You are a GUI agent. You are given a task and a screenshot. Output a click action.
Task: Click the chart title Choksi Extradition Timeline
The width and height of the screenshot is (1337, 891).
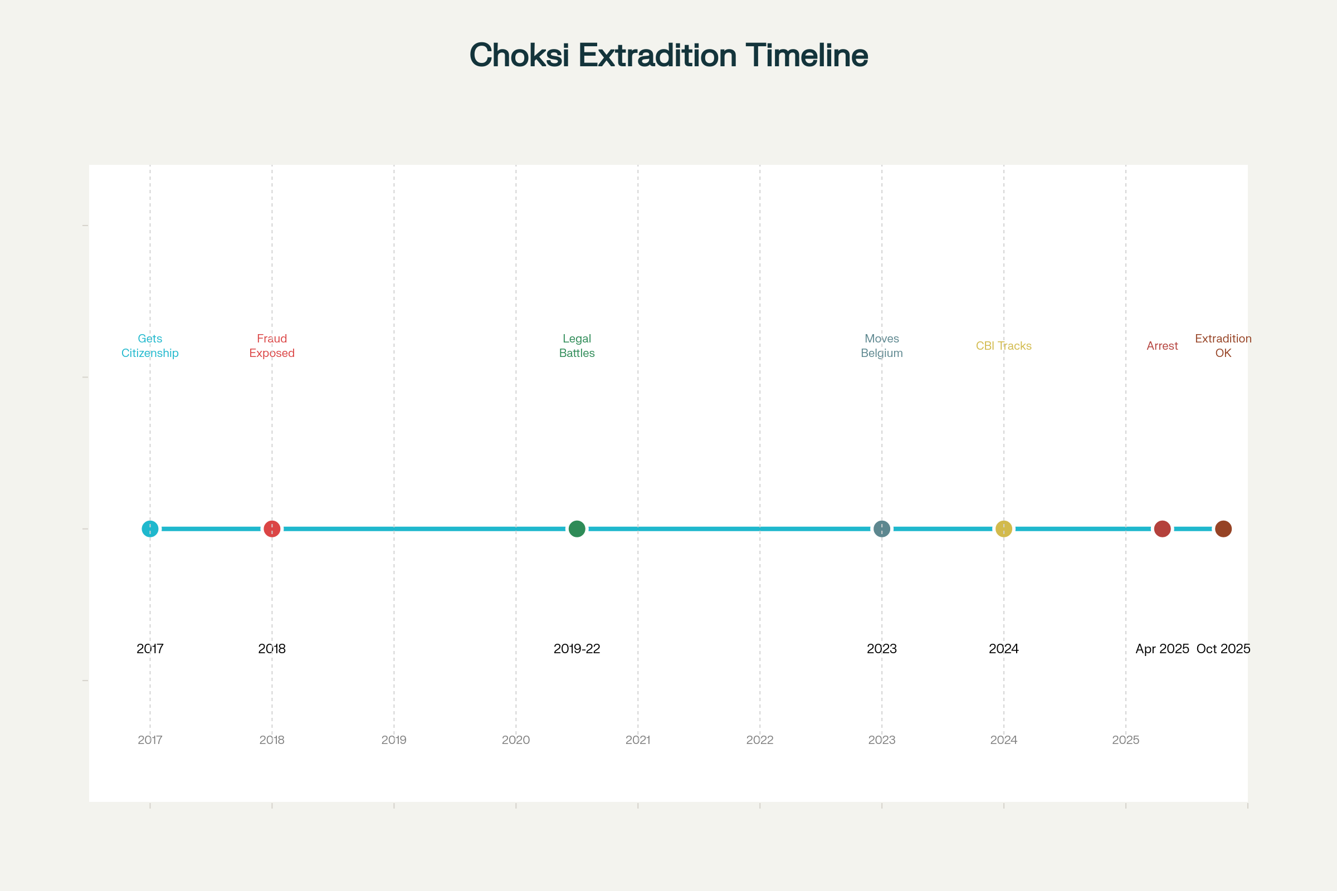click(x=668, y=56)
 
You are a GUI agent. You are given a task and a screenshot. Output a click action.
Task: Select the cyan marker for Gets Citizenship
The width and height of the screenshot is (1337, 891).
click(x=150, y=528)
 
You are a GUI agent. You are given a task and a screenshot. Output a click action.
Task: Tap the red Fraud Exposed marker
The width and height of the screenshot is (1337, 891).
click(x=272, y=528)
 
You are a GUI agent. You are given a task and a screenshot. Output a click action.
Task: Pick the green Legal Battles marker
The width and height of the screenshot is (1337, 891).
click(x=577, y=528)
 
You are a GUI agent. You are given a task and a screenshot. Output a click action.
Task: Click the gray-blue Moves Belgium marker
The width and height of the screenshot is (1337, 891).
click(x=882, y=528)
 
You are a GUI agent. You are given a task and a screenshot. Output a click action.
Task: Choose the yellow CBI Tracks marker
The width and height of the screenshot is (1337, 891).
click(x=1004, y=528)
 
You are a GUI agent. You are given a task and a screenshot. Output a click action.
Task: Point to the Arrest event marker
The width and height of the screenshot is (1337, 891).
click(x=1163, y=528)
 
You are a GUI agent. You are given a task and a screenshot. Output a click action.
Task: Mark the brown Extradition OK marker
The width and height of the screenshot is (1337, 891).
click(x=1223, y=528)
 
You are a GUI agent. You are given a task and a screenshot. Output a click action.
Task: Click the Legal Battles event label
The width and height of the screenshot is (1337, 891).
click(x=577, y=345)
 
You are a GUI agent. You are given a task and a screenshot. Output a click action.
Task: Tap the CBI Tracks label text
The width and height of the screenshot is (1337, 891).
click(x=1004, y=345)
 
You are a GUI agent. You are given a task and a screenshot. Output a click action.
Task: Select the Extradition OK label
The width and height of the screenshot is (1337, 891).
click(x=1223, y=345)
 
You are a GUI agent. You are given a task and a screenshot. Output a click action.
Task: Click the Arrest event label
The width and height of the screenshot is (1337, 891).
click(x=1163, y=345)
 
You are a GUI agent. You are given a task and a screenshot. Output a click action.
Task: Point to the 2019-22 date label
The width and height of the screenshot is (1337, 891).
click(x=577, y=648)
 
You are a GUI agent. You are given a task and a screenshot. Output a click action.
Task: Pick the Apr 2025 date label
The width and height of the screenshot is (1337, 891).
click(x=1163, y=648)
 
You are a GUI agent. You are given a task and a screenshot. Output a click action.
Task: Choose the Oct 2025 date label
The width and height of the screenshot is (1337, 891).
click(x=1223, y=648)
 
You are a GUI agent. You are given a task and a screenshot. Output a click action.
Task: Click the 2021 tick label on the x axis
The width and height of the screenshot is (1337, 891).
click(x=638, y=740)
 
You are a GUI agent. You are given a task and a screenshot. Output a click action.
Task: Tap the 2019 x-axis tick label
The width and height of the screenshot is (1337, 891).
click(x=394, y=740)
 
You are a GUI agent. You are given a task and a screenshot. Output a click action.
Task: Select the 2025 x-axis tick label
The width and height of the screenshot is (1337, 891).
click(x=1125, y=740)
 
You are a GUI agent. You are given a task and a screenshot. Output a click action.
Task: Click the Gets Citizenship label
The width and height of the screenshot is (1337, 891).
click(x=150, y=345)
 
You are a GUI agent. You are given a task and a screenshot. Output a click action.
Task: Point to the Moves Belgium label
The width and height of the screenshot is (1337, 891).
click(x=882, y=345)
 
